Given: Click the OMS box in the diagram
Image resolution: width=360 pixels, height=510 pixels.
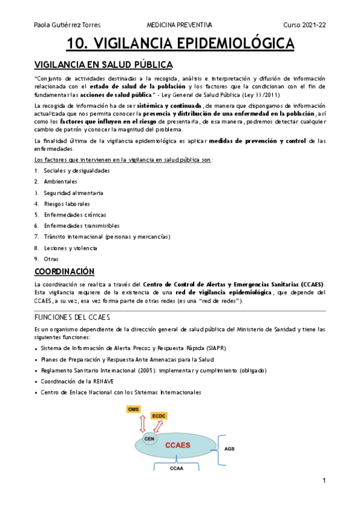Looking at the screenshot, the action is (134, 410).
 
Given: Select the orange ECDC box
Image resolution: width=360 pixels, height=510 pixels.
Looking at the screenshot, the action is (159, 416).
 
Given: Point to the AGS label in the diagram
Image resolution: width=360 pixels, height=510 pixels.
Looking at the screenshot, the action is (230, 449).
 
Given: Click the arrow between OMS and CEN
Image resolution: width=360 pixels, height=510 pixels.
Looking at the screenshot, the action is (142, 424).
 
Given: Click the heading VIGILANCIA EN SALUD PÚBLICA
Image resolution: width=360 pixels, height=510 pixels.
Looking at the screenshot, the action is (103, 64).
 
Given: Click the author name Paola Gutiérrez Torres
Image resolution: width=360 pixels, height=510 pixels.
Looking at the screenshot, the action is (67, 25).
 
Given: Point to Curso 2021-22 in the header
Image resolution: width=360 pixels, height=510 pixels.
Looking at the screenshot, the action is (305, 25).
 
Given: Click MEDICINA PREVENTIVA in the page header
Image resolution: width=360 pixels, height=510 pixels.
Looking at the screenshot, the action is (179, 25).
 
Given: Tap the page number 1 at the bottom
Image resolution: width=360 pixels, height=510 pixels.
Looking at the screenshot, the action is (323, 481).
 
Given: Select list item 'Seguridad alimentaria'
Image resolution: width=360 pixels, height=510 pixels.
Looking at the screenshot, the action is (73, 193).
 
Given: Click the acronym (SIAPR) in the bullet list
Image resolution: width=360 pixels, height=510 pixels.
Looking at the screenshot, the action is (213, 348).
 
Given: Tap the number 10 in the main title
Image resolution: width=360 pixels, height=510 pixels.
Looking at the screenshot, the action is (77, 44).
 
